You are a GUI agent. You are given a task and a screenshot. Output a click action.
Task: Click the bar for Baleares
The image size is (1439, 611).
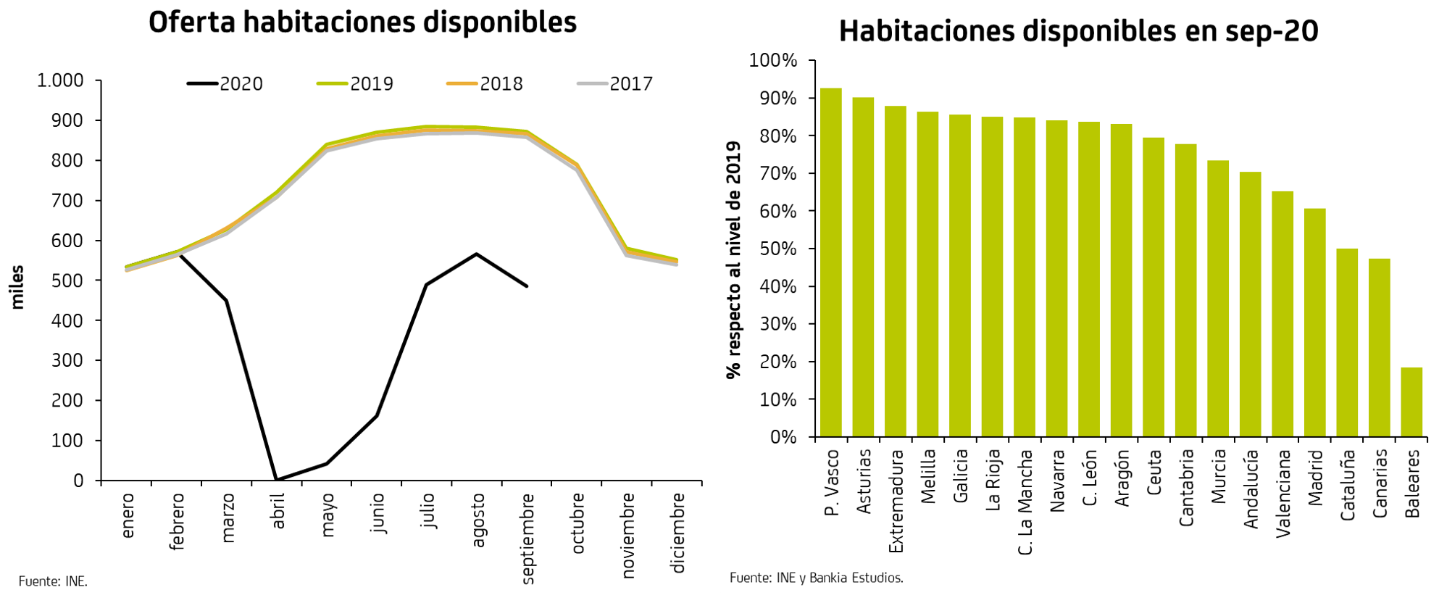tap(1411, 402)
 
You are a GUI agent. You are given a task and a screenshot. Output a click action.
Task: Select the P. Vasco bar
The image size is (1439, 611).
tap(831, 262)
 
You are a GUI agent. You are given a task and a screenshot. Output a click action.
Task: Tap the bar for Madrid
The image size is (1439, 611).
tap(1315, 323)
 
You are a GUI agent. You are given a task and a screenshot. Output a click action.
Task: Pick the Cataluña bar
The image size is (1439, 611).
tap(1347, 343)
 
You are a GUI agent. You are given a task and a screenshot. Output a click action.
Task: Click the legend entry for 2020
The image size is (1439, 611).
tap(225, 84)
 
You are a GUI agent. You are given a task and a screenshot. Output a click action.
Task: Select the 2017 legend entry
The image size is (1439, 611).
tap(616, 84)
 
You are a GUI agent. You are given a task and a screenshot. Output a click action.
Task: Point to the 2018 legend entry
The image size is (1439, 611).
tap(485, 84)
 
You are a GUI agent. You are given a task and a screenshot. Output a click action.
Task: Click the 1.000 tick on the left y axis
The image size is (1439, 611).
tap(60, 80)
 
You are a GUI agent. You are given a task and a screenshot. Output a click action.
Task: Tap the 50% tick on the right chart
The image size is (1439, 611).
tap(778, 249)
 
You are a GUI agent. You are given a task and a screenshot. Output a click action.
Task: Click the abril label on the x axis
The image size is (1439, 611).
tap(278, 510)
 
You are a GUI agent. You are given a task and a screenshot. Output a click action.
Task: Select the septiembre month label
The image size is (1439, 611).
tap(528, 538)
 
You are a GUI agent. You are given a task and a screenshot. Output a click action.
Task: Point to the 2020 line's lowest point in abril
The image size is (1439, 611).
tap(277, 479)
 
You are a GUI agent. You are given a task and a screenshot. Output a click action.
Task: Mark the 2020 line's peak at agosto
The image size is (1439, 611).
tap(476, 254)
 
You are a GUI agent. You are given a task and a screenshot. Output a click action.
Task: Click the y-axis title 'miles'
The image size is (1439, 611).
tap(17, 287)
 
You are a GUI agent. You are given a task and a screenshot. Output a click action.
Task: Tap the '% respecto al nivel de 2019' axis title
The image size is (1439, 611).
tap(734, 259)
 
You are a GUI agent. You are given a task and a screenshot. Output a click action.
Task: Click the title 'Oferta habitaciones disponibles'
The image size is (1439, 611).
tap(362, 22)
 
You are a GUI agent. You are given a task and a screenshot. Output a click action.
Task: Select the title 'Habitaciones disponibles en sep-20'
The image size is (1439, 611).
tap(1078, 31)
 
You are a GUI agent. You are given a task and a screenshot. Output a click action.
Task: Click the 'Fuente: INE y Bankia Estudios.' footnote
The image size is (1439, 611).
tap(817, 578)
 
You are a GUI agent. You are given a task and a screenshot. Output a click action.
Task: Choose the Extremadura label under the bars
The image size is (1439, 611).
tap(896, 501)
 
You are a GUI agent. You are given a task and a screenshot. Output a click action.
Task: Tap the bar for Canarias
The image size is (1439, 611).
tap(1380, 348)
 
